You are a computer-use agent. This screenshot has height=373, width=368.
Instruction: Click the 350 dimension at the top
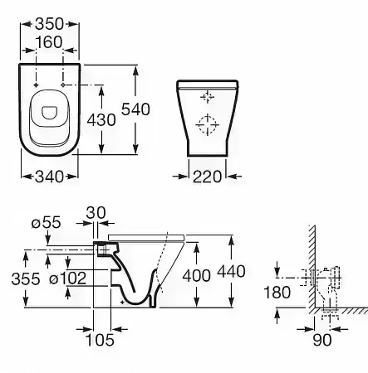(50, 24)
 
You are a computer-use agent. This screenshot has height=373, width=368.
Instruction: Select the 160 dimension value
(49, 42)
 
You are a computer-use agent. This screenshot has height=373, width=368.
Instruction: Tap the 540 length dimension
(135, 109)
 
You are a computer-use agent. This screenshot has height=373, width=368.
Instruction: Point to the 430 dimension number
(101, 120)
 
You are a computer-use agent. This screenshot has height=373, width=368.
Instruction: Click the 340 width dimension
(49, 177)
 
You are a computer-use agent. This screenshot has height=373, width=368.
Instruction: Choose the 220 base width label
(207, 177)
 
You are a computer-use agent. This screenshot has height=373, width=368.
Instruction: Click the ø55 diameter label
(46, 222)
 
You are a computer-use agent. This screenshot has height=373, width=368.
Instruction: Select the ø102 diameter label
(68, 279)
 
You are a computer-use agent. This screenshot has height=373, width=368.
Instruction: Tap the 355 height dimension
(26, 279)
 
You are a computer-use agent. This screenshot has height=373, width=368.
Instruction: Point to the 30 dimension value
(96, 213)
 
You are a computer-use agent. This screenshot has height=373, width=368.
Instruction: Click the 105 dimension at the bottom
(100, 340)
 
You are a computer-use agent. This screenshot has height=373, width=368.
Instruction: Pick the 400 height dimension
(197, 276)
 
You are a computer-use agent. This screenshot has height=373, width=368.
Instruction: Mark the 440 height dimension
(231, 271)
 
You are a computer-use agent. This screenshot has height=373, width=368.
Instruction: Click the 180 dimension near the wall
(277, 293)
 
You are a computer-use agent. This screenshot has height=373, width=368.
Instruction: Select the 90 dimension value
(322, 340)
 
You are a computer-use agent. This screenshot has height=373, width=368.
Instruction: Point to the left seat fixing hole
(36, 85)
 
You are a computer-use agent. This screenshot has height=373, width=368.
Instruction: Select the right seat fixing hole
(63, 85)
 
